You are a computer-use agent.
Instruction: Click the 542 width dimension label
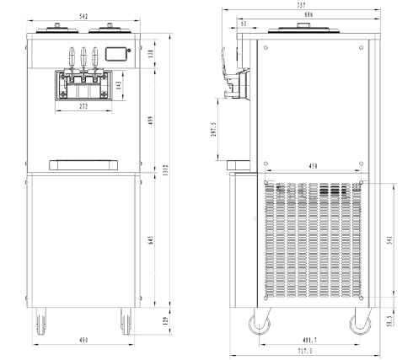[83, 17]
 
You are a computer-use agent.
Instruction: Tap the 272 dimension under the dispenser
[83, 106]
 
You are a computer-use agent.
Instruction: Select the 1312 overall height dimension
[165, 170]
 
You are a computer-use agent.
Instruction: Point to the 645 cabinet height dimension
[151, 240]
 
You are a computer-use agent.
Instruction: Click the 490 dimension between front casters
[83, 340]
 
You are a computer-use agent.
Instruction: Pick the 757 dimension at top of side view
[301, 5]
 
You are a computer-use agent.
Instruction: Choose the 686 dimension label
[308, 14]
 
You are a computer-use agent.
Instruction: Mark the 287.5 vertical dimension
[214, 129]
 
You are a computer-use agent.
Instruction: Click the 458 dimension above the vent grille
[313, 166]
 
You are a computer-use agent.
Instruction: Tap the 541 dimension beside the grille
[389, 240]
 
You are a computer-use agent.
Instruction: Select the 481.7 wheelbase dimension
[309, 341]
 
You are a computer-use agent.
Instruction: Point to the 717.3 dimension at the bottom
[305, 351]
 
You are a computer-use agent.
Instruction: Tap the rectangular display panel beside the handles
[117, 54]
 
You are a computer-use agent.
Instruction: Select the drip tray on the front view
[83, 165]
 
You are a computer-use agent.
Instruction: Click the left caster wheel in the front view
[41, 321]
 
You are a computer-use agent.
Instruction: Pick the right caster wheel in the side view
[360, 324]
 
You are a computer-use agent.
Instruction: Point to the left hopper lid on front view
[57, 29]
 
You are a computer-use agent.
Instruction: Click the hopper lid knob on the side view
[303, 25]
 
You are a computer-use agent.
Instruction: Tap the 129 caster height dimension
[165, 321]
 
